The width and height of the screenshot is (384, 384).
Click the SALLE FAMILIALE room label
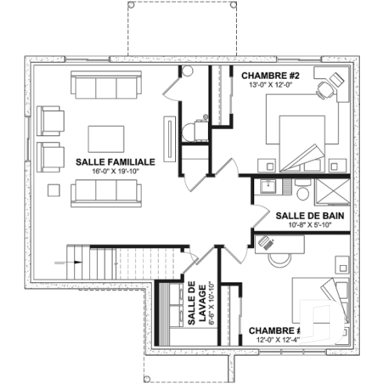click(114, 161)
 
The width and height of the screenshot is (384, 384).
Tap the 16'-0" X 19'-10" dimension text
click(114, 170)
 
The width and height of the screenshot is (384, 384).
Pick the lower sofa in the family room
click(106, 190)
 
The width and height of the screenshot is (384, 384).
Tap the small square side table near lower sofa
click(54, 188)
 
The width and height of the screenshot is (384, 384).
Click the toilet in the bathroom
click(303, 190)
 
